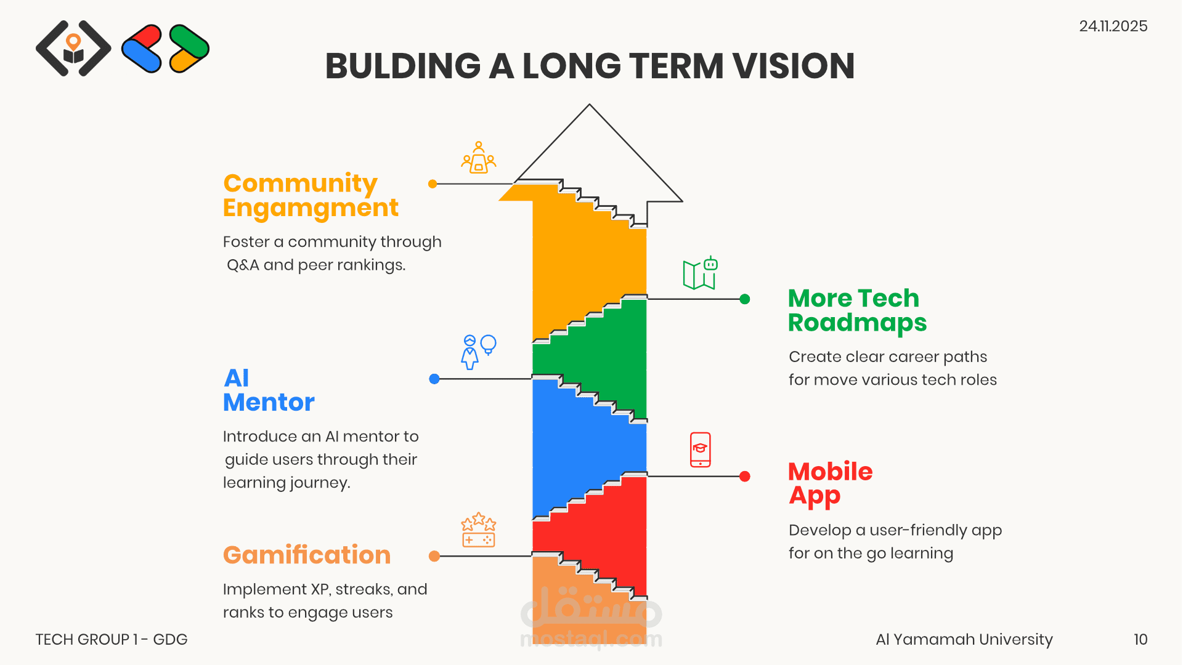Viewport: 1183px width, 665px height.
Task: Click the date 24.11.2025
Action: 1113,26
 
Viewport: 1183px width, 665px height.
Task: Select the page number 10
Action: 1140,639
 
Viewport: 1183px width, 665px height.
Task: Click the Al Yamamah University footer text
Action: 964,640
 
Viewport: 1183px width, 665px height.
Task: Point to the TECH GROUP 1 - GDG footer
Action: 112,639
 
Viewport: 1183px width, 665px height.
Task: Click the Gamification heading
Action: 307,555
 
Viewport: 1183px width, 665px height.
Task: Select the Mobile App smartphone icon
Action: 700,449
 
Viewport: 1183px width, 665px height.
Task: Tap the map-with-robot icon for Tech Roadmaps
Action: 701,273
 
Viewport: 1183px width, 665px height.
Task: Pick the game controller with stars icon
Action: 479,530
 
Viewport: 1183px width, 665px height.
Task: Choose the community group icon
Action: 479,158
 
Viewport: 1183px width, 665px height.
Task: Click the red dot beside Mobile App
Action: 745,476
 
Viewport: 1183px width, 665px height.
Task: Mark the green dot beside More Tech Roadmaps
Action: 745,299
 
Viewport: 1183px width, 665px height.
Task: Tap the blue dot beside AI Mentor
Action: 434,379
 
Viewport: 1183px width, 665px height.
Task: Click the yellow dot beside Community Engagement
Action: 433,183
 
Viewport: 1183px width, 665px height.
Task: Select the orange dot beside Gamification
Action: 434,556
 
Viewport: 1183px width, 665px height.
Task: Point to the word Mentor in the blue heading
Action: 269,403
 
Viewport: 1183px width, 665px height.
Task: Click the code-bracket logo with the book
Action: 73,48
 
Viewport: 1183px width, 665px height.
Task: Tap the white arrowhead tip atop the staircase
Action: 590,105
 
